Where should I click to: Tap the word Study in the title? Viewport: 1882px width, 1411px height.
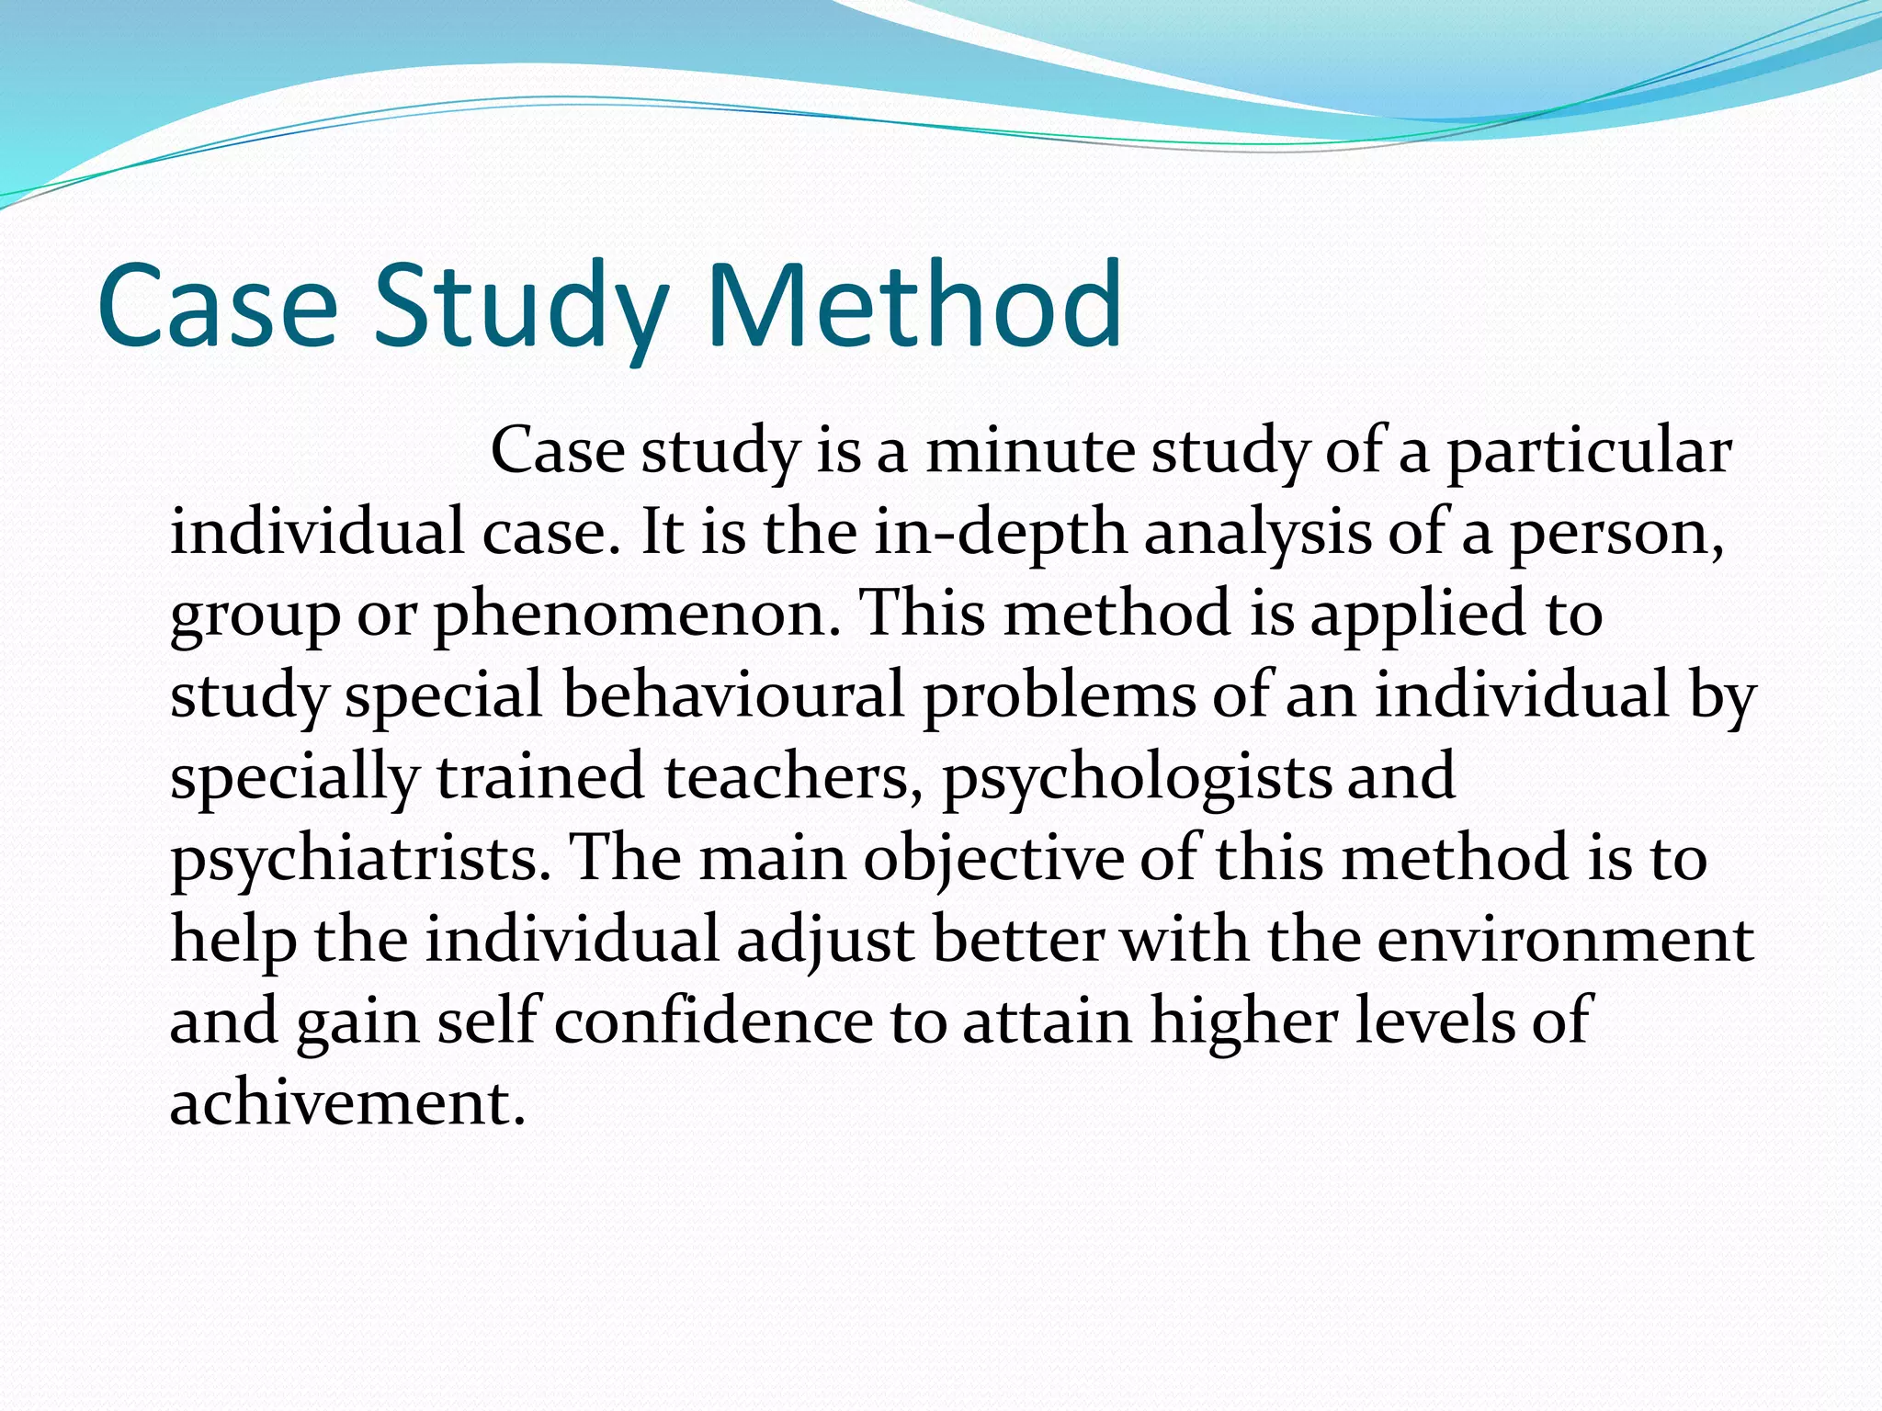(519, 308)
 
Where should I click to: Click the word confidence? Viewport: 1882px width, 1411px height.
(713, 1021)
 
